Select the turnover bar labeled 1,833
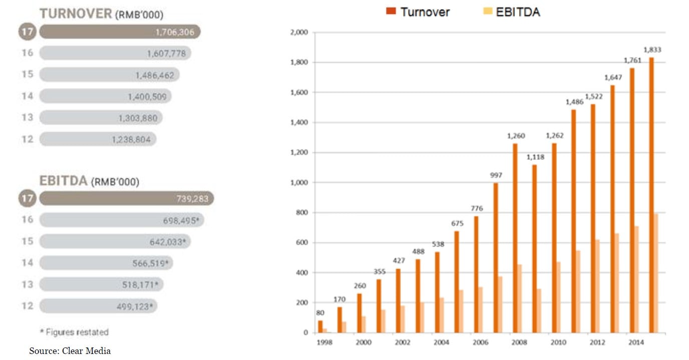click(x=651, y=195)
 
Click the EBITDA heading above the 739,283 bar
click(x=64, y=181)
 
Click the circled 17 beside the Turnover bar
click(x=28, y=32)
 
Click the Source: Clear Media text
click(x=70, y=351)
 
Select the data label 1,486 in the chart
click(x=575, y=102)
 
